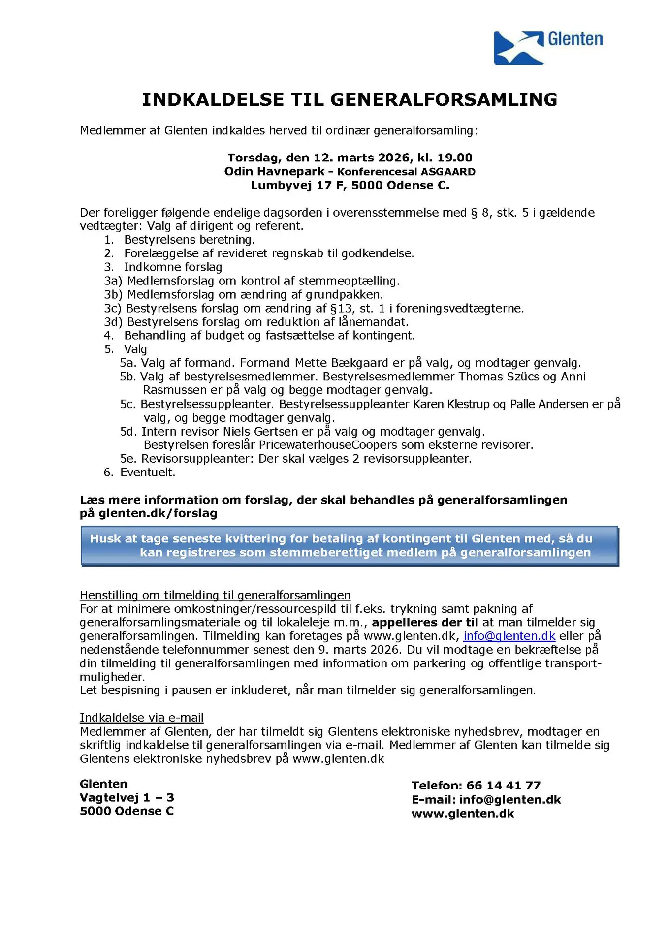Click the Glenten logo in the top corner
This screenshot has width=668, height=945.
[x=547, y=47]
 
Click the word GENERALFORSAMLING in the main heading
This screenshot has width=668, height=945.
[x=444, y=100]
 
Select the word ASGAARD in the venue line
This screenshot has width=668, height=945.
[x=447, y=172]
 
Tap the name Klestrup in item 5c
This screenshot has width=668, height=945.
[x=468, y=405]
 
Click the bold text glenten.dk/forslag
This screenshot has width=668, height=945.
[x=158, y=513]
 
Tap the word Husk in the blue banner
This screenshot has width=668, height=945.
[x=106, y=539]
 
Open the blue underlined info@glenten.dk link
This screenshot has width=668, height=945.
[x=509, y=636]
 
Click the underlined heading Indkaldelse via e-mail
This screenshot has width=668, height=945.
[x=142, y=718]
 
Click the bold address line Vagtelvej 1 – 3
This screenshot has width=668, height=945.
[x=127, y=798]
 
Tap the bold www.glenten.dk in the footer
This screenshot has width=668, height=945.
[x=462, y=814]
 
